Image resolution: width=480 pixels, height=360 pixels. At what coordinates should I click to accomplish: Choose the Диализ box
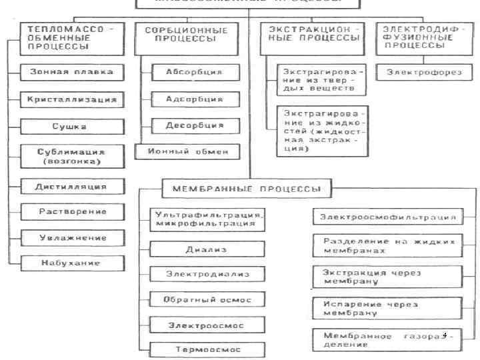pos(206,249)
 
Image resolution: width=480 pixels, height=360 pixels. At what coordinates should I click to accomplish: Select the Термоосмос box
pos(206,349)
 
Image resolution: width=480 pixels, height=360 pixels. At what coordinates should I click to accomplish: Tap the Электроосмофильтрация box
pos(387,217)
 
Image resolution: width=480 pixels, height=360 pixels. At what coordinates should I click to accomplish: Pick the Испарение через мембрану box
pos(387,307)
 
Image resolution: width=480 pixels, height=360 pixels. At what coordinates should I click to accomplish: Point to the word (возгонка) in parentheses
pos(71,161)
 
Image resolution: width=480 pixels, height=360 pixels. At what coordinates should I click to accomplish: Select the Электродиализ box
pos(206,274)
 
